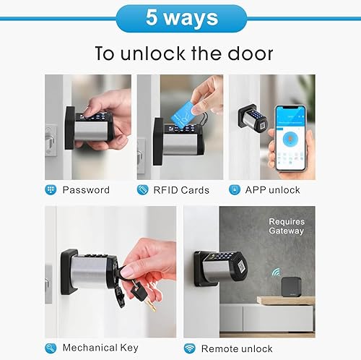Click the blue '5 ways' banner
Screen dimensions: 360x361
(180, 18)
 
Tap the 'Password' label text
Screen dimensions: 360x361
(86, 190)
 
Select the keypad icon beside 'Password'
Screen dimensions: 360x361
(51, 190)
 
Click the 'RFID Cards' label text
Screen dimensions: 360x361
(181, 190)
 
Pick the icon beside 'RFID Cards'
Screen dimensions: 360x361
(143, 190)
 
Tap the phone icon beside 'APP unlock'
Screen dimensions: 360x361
(235, 190)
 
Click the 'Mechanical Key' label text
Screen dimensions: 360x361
(100, 348)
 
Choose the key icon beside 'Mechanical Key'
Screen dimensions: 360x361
(51, 348)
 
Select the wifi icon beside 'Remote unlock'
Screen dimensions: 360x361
(189, 348)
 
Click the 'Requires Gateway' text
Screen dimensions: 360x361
(286, 226)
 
